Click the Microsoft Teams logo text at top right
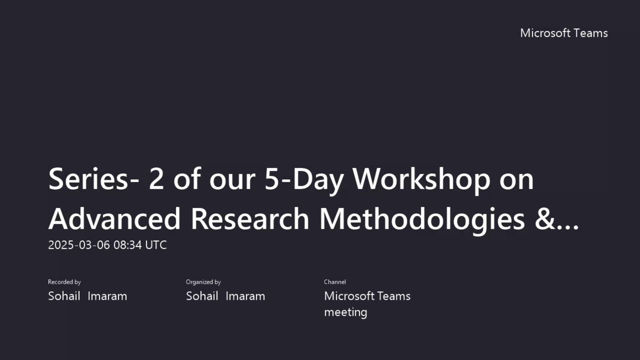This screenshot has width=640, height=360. coord(564,33)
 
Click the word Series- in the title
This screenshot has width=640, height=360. coord(94,179)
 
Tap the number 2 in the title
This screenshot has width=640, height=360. coord(156,179)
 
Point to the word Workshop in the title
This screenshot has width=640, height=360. coord(421,179)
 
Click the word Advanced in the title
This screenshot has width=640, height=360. coord(114,219)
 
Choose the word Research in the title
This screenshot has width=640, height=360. coord(250,219)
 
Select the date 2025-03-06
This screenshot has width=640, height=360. coord(79,245)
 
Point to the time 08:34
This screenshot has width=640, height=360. coord(128,245)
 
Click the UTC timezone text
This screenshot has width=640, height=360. coord(156,245)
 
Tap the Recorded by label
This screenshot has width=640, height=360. coord(64,282)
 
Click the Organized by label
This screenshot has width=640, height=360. coord(203,282)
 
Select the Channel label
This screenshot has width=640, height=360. coord(335,282)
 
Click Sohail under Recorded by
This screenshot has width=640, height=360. coord(64,296)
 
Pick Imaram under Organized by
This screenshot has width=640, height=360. coord(245,296)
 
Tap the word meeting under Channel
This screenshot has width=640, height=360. coord(345,312)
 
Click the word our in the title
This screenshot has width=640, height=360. coord(232,179)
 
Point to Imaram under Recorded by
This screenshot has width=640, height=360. coord(107,296)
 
